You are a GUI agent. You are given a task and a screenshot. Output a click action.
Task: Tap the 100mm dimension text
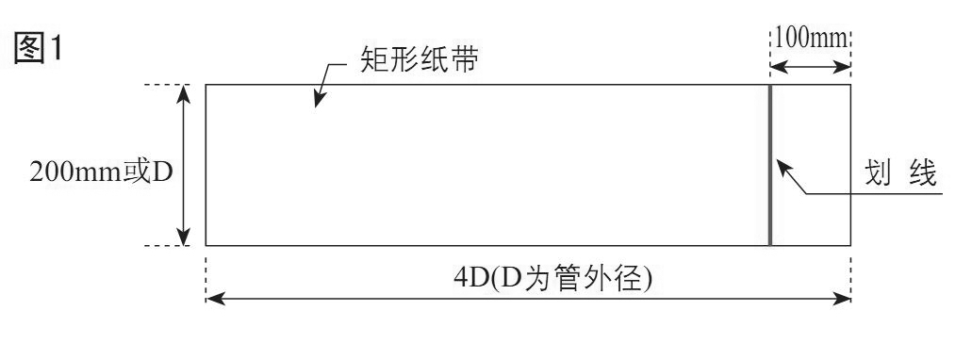click(812, 40)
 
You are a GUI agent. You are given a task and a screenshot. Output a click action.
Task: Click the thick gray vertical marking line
click(770, 166)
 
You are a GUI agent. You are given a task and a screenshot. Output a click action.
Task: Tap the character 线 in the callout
click(921, 173)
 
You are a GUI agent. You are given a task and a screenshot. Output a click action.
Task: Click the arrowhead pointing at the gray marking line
click(781, 164)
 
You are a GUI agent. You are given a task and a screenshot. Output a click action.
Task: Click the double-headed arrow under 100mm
click(811, 68)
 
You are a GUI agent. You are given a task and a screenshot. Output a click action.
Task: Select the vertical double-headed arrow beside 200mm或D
click(185, 166)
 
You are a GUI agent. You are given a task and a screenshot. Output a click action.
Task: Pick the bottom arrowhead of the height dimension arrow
click(185, 238)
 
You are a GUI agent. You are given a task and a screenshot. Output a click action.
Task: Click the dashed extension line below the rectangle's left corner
click(206, 273)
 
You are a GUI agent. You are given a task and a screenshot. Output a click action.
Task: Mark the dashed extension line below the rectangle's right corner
click(851, 273)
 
